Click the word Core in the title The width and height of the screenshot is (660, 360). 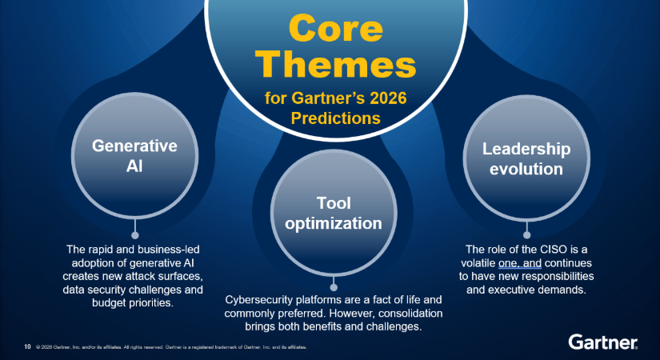[x=336, y=28]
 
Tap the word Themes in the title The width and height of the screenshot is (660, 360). [x=336, y=65]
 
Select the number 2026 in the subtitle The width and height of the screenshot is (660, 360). [x=388, y=98]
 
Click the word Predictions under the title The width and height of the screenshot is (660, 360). [x=335, y=118]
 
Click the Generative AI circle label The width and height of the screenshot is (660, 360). [x=134, y=156]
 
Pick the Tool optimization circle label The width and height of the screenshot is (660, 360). [x=334, y=213]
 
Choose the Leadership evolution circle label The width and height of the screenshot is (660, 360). [x=526, y=158]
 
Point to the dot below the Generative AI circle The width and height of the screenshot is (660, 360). [x=135, y=235]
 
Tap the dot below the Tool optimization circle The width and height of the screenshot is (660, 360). [x=334, y=287]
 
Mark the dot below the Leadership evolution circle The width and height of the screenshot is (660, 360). [x=526, y=235]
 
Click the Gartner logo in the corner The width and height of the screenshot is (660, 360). [x=602, y=342]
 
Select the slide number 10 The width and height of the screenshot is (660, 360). [x=27, y=346]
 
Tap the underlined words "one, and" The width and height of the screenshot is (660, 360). [x=520, y=263]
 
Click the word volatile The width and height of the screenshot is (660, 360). [x=478, y=263]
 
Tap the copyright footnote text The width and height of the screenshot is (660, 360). [x=171, y=347]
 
